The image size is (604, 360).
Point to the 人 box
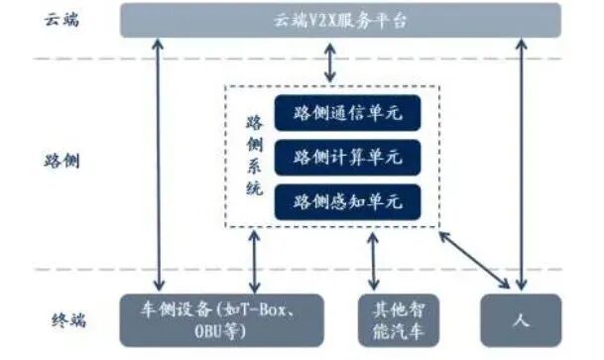click(x=521, y=318)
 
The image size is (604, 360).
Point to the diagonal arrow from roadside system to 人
click(x=475, y=255)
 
